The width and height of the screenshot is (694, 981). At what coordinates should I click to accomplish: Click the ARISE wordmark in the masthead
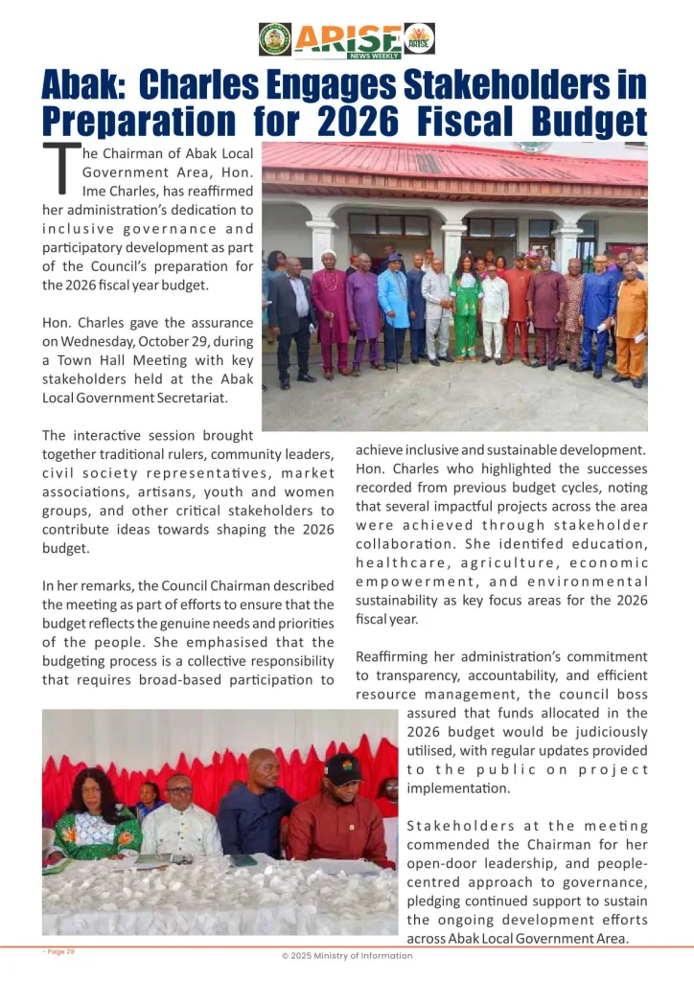click(x=347, y=38)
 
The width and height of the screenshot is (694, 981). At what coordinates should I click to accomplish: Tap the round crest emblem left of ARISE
click(x=275, y=39)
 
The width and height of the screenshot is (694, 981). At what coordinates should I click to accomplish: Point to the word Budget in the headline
click(x=578, y=122)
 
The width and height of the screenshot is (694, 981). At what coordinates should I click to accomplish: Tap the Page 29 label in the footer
click(x=58, y=951)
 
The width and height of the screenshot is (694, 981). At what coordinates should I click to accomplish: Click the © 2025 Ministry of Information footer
click(x=347, y=955)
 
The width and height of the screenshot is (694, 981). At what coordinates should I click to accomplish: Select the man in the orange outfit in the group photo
click(x=631, y=321)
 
